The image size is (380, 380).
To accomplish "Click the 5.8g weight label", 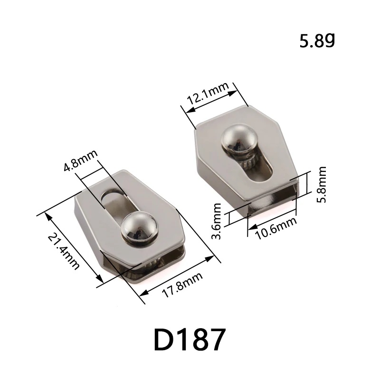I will click(317, 41).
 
